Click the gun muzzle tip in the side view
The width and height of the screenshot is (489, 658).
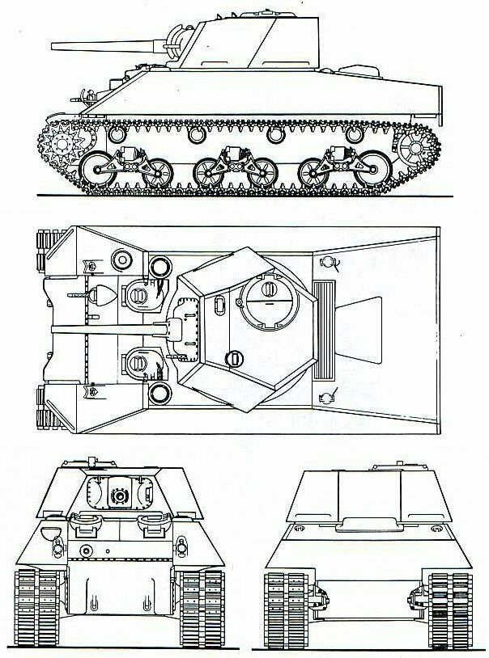coord(53,45)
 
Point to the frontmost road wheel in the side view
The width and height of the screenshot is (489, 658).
coord(99,171)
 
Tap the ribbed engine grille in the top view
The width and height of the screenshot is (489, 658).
coord(326,331)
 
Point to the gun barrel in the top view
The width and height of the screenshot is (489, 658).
coord(105,329)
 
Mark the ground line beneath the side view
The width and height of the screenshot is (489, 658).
coord(243,196)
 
